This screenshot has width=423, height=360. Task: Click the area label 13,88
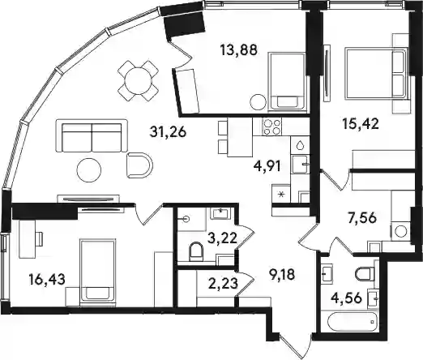pyautogui.click(x=238, y=50)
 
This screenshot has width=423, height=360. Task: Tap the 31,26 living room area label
pyautogui.click(x=168, y=132)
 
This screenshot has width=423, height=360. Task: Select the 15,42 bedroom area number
pyautogui.click(x=361, y=124)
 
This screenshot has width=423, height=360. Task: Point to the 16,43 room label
pyautogui.click(x=47, y=280)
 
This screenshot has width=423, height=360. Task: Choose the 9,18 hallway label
pyautogui.click(x=282, y=275)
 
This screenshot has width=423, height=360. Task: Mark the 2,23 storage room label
pyautogui.click(x=224, y=284)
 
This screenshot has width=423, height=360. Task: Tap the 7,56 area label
pyautogui.click(x=361, y=218)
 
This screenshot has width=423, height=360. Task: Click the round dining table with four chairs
pyautogui.click(x=138, y=80)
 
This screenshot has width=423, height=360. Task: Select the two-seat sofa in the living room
pyautogui.click(x=92, y=136)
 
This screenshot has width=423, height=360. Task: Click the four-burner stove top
pyautogui.click(x=271, y=126)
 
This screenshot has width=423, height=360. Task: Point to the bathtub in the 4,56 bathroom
pyautogui.click(x=352, y=322)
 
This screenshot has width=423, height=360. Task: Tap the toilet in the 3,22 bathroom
pyautogui.click(x=196, y=251)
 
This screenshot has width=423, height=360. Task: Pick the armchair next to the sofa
pyautogui.click(x=139, y=165)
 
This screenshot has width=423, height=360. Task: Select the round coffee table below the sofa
pyautogui.click(x=89, y=170)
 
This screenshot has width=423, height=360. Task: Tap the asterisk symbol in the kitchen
pyautogui.click(x=281, y=194)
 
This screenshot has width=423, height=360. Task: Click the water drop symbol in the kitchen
pyautogui.click(x=300, y=145)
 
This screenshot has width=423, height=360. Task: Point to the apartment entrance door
pyautogui.click(x=296, y=347)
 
